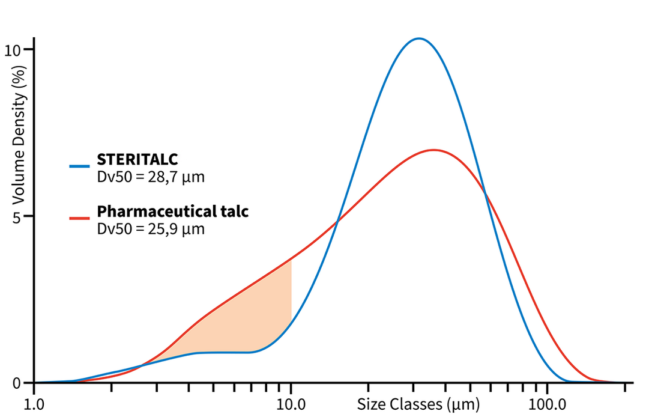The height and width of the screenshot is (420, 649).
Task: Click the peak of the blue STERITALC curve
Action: pos(419,38)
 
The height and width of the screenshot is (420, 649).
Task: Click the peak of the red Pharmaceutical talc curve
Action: pos(433,150)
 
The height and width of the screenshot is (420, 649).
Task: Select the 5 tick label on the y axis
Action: pos(17,216)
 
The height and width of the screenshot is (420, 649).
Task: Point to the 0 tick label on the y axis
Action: pos(17,383)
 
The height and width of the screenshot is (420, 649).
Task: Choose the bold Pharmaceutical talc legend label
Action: pos(173,212)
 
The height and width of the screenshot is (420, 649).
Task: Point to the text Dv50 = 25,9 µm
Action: pos(151,229)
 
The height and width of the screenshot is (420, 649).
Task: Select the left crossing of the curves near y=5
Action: pos(337,221)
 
